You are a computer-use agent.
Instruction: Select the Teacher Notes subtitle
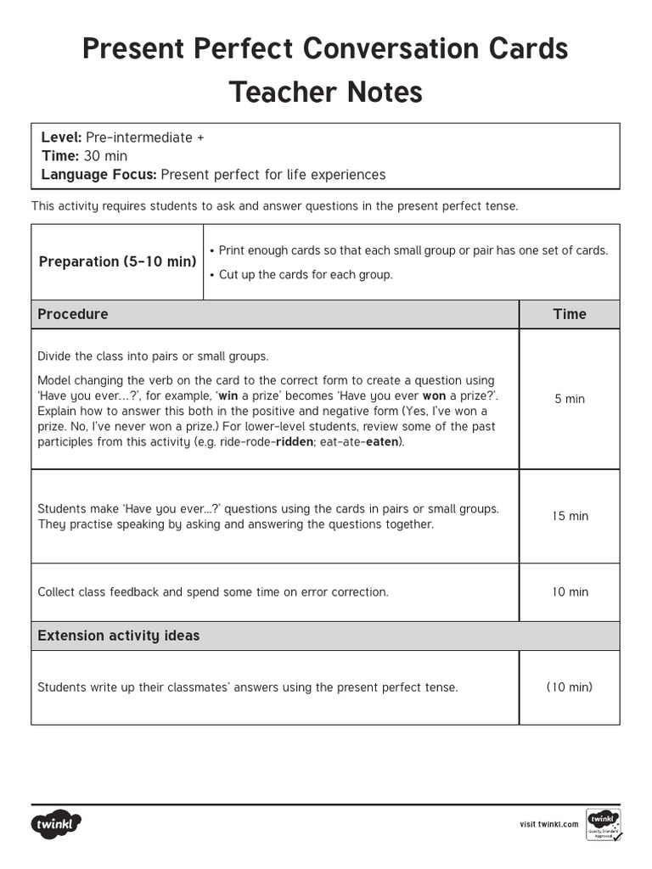325,93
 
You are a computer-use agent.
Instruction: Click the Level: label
61,137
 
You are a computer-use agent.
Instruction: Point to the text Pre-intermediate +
144,137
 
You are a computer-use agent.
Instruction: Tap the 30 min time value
105,156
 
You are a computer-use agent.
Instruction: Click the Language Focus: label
98,175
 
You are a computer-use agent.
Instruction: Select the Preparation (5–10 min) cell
117,261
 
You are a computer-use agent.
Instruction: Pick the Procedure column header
73,314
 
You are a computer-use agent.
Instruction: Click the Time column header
570,314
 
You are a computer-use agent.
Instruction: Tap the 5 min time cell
570,399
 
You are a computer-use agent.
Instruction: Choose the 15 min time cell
570,516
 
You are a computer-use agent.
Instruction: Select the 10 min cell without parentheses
570,592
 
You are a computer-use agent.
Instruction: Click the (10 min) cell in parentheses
570,687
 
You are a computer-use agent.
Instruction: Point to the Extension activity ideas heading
119,636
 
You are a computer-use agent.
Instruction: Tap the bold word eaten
383,442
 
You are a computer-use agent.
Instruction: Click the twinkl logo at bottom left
57,823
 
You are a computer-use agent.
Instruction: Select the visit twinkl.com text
549,824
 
